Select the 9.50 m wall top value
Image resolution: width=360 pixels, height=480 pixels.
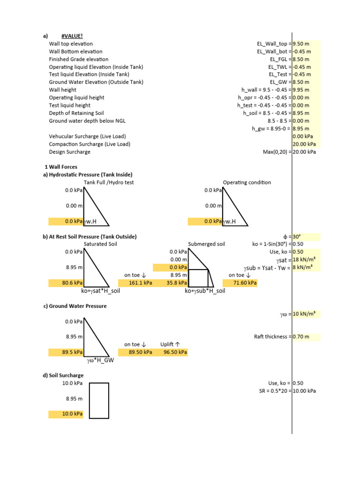pos(301,44)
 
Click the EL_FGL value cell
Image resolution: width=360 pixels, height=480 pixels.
pos(301,59)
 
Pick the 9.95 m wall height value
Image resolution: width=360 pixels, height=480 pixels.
pos(301,90)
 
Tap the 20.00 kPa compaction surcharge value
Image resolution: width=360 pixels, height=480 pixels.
pos(305,144)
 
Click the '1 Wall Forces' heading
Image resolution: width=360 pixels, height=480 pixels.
pos(60,167)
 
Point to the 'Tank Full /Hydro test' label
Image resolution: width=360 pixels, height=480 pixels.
pos(109,182)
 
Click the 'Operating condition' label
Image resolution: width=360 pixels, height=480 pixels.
pos(247,182)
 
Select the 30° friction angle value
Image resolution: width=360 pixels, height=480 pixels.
pos(298,237)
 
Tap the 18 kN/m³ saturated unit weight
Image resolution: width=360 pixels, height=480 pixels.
pos(303,260)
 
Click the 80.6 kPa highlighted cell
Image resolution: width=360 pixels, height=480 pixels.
pos(66,283)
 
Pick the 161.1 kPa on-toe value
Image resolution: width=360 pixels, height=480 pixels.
pos(135,283)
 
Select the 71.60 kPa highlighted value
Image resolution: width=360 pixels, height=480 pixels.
pos(240,283)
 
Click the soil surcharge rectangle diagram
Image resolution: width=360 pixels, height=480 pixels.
pos(99,400)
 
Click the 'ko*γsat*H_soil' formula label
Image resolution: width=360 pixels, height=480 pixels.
pos(100,291)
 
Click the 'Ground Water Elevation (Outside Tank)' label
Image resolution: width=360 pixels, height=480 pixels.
pos(96,82)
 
